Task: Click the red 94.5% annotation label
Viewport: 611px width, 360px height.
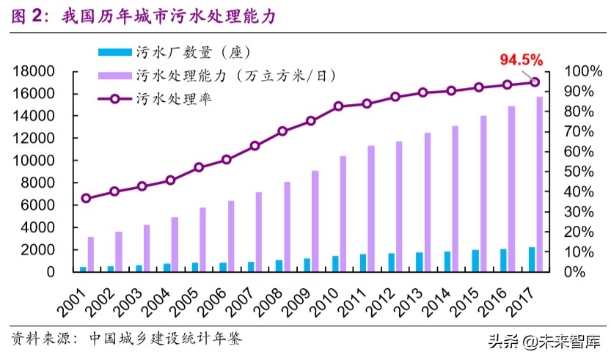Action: (x=522, y=59)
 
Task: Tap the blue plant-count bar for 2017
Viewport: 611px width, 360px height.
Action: (x=531, y=259)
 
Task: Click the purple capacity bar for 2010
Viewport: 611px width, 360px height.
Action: (x=343, y=213)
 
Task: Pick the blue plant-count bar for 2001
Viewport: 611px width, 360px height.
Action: (x=83, y=268)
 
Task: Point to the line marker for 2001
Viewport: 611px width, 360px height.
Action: (x=87, y=198)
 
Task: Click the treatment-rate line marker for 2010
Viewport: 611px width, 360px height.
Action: (x=339, y=106)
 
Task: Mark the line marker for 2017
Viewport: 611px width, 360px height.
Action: (x=535, y=82)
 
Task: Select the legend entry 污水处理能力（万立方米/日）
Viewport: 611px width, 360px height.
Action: (x=235, y=75)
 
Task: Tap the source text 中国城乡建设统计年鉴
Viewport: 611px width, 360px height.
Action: (x=165, y=339)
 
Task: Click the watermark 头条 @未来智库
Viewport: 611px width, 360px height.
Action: (x=542, y=342)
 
